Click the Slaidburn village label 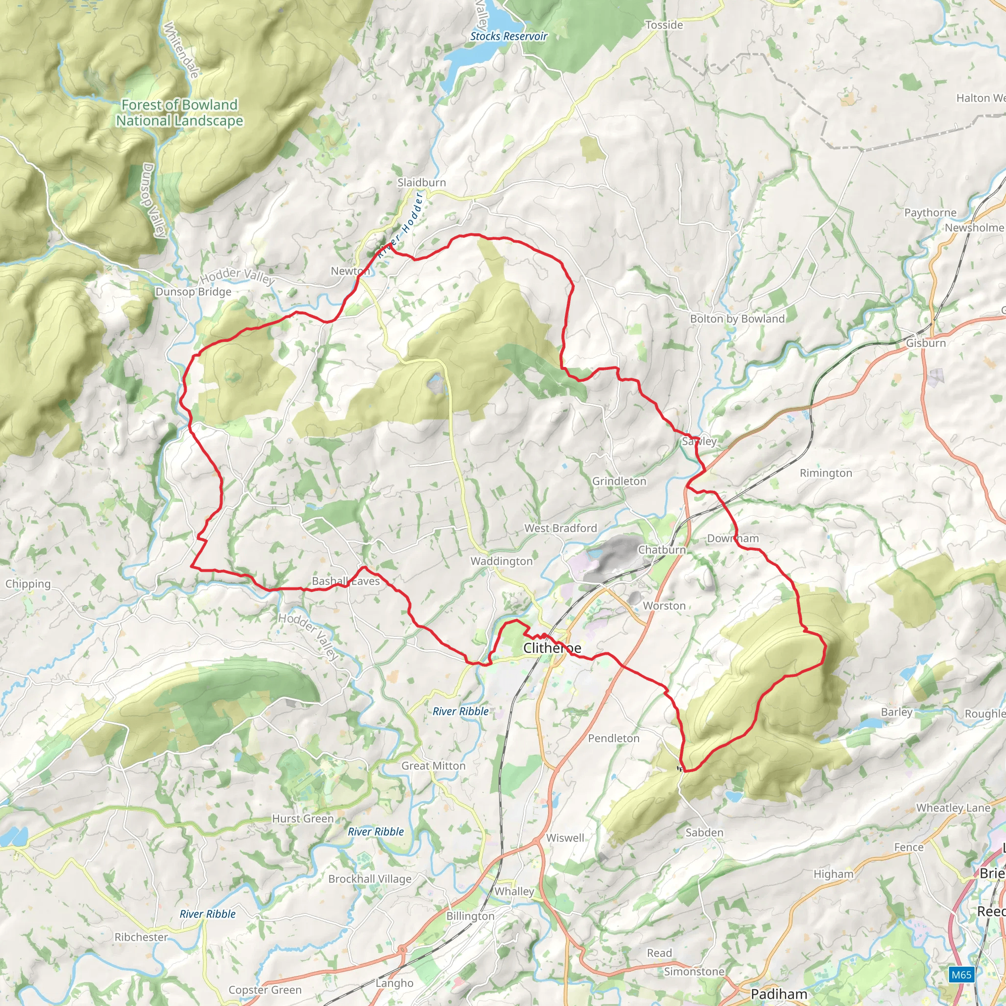[x=421, y=183]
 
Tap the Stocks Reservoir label [x=508, y=36]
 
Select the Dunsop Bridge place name [x=193, y=292]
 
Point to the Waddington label [x=502, y=561]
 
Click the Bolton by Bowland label [x=737, y=319]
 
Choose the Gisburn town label [x=925, y=343]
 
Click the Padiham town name [x=779, y=994]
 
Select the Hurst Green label [x=303, y=819]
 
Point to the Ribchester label [x=141, y=937]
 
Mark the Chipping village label [x=28, y=584]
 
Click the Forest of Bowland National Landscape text [x=179, y=112]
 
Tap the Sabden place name [x=704, y=833]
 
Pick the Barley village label [x=896, y=712]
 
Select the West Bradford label [x=560, y=528]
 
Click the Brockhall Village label [x=370, y=879]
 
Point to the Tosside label [x=664, y=25]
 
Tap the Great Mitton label [x=433, y=766]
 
